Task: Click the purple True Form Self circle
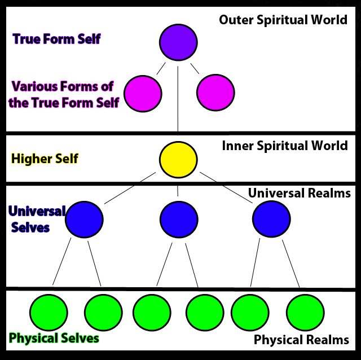(178, 42)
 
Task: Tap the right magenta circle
(215, 93)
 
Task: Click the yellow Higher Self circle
(178, 159)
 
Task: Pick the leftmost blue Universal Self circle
(84, 219)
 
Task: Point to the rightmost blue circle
(271, 219)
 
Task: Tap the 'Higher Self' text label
(45, 159)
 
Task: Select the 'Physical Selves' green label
(54, 339)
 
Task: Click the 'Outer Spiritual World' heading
(283, 20)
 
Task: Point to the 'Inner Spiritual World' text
(284, 146)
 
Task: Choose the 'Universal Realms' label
(299, 194)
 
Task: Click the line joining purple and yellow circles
(178, 102)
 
